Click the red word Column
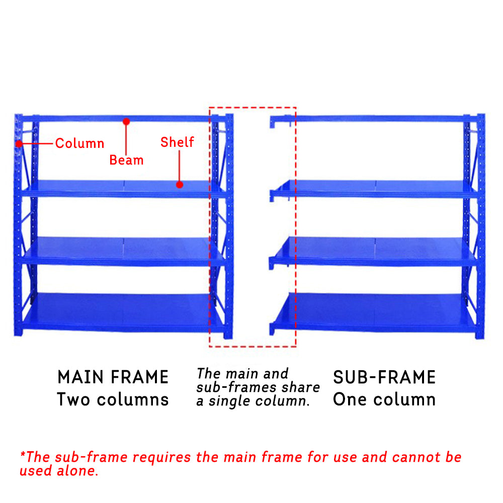pyautogui.click(x=79, y=143)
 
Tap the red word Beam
pyautogui.click(x=126, y=160)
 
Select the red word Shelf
pyautogui.click(x=177, y=142)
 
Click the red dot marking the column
pyautogui.click(x=19, y=144)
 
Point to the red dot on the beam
pyautogui.click(x=126, y=121)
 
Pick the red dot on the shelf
pyautogui.click(x=180, y=185)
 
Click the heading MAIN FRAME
pyautogui.click(x=113, y=377)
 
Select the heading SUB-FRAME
pyautogui.click(x=384, y=377)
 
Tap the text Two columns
pyautogui.click(x=113, y=399)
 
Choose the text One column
pyautogui.click(x=384, y=399)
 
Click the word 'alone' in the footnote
pyautogui.click(x=77, y=471)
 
